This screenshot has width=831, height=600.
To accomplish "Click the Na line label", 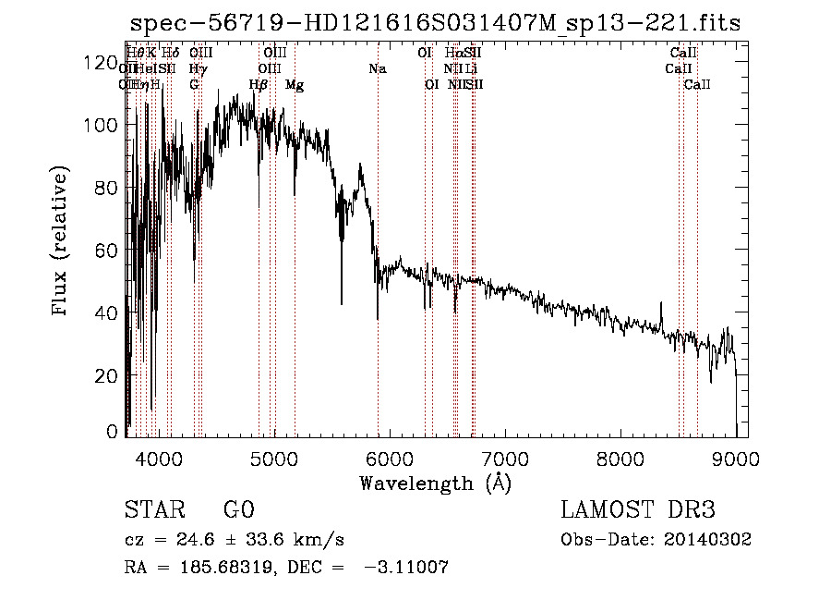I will tap(377, 69).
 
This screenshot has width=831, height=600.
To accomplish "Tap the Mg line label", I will tap(295, 85).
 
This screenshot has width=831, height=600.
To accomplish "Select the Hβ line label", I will tap(259, 85).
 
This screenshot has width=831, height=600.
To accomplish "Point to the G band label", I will tap(194, 85).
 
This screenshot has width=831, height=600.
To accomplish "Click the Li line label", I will tap(471, 69).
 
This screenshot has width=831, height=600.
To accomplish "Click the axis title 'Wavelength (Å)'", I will tap(435, 483).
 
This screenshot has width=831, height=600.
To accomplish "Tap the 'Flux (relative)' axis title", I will tap(61, 242).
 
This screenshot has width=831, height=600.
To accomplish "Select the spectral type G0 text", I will tap(238, 511).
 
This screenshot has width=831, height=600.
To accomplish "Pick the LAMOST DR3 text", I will tap(638, 511).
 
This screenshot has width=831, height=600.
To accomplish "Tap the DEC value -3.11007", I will tap(406, 568).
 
